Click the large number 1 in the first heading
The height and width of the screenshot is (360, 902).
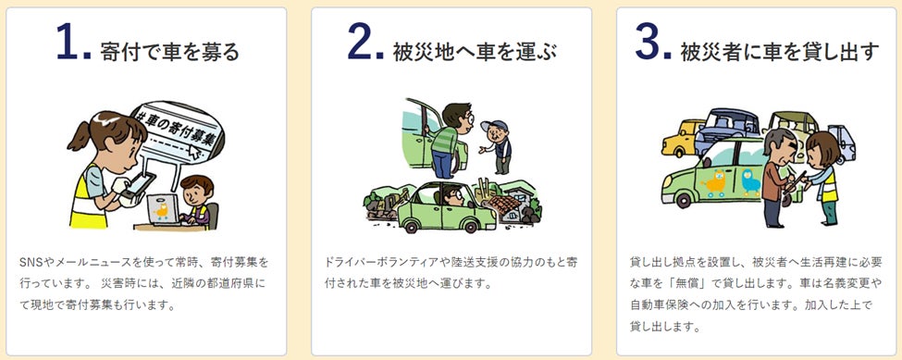tap(68, 42)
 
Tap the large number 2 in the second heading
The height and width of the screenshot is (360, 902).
tap(360, 42)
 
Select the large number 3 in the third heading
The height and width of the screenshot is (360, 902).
tap(648, 42)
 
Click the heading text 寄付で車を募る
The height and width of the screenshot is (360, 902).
tap(169, 51)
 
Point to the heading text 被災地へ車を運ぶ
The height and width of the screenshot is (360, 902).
tap(475, 51)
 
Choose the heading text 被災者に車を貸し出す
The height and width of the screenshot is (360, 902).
tap(780, 51)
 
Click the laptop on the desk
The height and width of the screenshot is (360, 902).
tap(163, 209)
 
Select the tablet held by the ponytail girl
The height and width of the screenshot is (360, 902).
tap(138, 185)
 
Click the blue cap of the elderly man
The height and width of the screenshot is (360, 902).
tap(494, 125)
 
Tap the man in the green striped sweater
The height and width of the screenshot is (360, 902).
tap(449, 140)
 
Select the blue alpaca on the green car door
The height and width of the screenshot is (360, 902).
tap(750, 182)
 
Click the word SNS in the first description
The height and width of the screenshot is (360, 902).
tap(29, 262)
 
